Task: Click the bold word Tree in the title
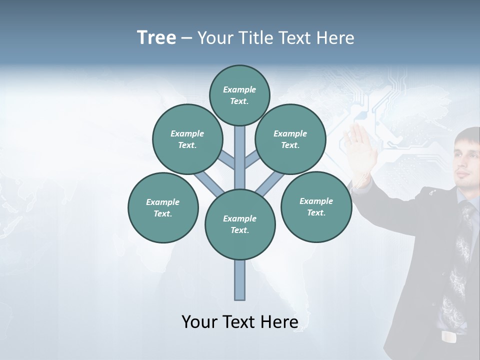pos(156,37)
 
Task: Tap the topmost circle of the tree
pos(239,95)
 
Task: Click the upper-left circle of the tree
pos(187,139)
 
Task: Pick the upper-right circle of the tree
pos(290,139)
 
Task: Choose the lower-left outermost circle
pos(163,207)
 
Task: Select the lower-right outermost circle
pos(316,206)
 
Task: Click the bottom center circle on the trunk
pos(240,224)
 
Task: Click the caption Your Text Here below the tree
pos(240,322)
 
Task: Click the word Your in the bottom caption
pos(199,322)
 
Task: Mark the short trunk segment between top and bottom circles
pos(240,157)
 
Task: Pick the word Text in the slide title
pos(296,37)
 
